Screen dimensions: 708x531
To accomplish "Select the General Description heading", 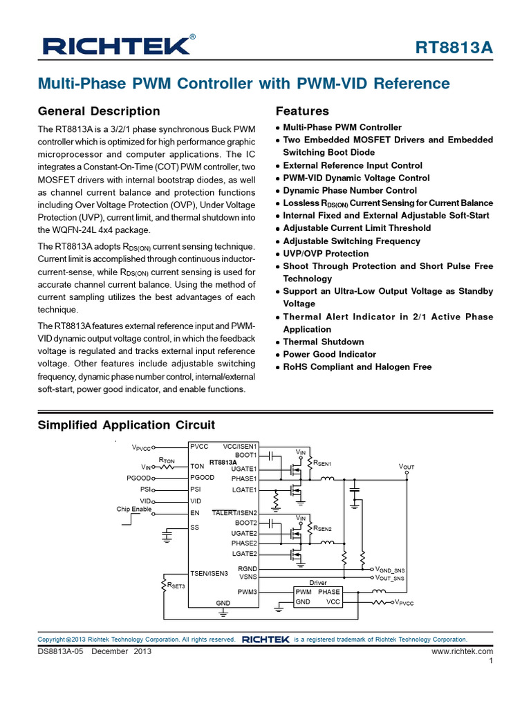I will [x=98, y=111].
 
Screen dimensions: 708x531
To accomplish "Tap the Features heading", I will [x=302, y=111].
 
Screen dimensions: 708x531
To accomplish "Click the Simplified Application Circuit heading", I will [x=126, y=425].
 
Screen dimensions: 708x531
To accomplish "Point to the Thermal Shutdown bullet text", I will [x=323, y=342].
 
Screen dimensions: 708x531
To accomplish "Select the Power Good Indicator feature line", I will [x=329, y=354].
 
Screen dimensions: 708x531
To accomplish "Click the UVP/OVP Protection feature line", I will [x=326, y=254].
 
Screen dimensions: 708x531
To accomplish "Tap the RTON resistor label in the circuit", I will [x=167, y=459].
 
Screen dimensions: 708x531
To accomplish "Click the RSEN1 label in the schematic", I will [x=323, y=463].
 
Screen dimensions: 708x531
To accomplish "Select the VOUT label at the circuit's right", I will [x=407, y=467].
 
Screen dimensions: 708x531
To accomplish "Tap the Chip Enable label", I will [x=133, y=509].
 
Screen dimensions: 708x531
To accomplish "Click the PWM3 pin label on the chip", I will [x=247, y=592].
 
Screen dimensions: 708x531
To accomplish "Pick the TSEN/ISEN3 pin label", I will [x=209, y=572].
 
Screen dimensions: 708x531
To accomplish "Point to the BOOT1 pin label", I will [x=245, y=456].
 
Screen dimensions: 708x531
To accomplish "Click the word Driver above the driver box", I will [x=317, y=583].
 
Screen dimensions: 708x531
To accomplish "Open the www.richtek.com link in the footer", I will [x=462, y=651].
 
